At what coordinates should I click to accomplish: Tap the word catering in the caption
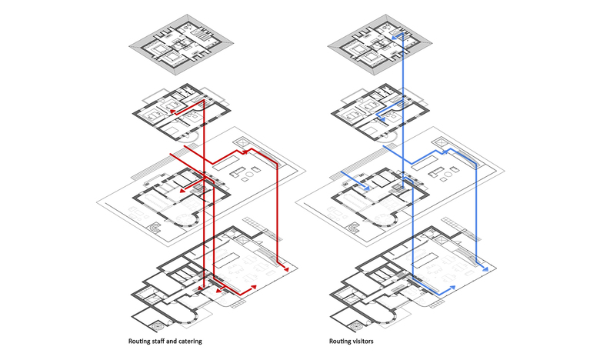click(189, 342)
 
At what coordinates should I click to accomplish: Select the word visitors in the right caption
click(362, 341)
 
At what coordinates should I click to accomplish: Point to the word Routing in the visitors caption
click(338, 342)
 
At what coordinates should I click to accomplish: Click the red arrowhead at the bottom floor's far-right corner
click(285, 269)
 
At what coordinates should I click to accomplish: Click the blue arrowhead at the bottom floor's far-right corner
click(485, 269)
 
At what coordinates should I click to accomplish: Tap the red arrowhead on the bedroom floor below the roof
click(173, 112)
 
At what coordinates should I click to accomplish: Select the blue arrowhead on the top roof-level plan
click(393, 38)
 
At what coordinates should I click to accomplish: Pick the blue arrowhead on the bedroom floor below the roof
click(381, 120)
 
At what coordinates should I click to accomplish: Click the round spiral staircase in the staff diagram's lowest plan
click(157, 326)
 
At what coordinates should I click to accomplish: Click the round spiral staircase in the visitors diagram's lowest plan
click(356, 326)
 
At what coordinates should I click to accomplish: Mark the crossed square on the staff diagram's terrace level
click(242, 142)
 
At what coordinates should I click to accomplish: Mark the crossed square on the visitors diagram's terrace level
click(440, 142)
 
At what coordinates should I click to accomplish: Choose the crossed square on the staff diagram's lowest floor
click(242, 240)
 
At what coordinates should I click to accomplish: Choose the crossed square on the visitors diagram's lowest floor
click(442, 240)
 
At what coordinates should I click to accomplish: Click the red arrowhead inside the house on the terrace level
click(182, 189)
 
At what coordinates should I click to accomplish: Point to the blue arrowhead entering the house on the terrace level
click(367, 188)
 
